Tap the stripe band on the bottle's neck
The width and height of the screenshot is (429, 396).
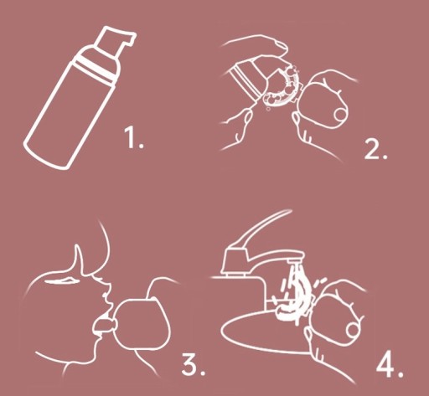(95, 69)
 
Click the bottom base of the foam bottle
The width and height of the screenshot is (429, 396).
(46, 155)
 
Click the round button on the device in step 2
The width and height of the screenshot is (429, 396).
(340, 114)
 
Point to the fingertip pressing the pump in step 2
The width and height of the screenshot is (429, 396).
(278, 46)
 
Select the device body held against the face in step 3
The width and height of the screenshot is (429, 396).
(142, 324)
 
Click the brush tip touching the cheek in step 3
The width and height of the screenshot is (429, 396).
(104, 326)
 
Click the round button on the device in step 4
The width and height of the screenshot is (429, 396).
(353, 330)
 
